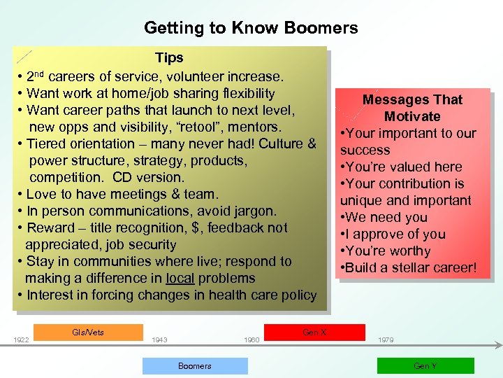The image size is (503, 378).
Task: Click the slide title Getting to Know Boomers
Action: (251, 28)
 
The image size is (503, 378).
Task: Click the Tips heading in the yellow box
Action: (169, 58)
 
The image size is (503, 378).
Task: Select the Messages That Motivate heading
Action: (412, 108)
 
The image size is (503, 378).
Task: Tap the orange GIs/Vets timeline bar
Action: (88, 332)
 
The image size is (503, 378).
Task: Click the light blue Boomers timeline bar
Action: (195, 366)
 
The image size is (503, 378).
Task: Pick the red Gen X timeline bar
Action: (314, 332)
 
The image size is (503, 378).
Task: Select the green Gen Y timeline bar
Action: (425, 366)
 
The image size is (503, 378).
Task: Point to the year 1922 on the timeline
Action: (21, 340)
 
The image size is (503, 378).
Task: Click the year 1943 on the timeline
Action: (159, 340)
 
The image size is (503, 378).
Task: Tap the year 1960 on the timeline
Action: (251, 340)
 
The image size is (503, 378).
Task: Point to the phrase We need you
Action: (388, 217)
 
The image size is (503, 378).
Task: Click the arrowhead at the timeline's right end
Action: (498, 344)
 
